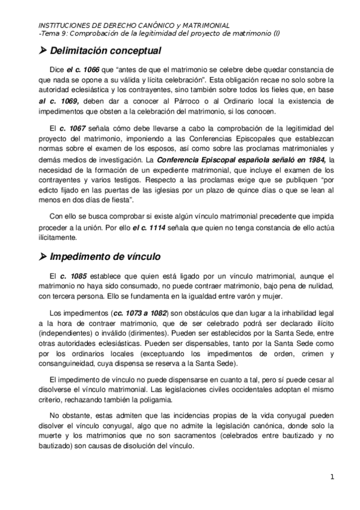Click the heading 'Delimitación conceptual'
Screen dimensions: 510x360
click(x=106, y=51)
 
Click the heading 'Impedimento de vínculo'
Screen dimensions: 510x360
click(x=105, y=256)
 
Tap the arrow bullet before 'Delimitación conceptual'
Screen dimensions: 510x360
click(x=42, y=51)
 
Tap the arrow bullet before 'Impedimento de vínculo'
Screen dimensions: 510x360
click(x=42, y=256)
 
